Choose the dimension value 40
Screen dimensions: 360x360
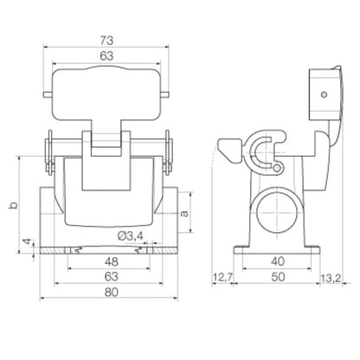click(277, 260)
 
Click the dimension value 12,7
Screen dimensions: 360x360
click(224, 278)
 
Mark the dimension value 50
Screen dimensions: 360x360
click(277, 278)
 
